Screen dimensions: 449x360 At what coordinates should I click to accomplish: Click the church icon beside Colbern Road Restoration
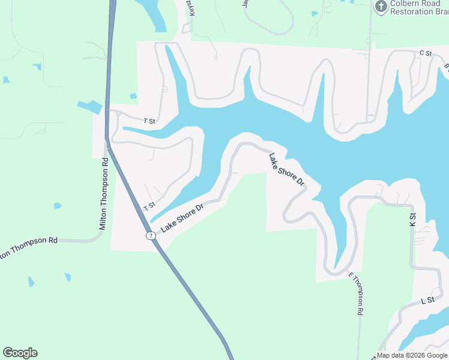pyautogui.click(x=381, y=7)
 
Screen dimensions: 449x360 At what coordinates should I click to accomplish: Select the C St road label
pyautogui.click(x=426, y=53)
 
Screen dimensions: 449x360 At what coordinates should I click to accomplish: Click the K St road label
pyautogui.click(x=412, y=220)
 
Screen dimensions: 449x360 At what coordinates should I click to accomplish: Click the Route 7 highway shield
pyautogui.click(x=151, y=236)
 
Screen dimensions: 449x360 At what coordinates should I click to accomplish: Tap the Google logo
pyautogui.click(x=20, y=353)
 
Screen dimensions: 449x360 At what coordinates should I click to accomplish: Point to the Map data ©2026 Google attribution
pyautogui.click(x=412, y=355)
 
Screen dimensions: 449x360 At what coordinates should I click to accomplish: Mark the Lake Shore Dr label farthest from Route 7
pyautogui.click(x=287, y=169)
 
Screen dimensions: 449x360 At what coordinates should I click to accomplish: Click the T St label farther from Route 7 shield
pyautogui.click(x=149, y=121)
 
